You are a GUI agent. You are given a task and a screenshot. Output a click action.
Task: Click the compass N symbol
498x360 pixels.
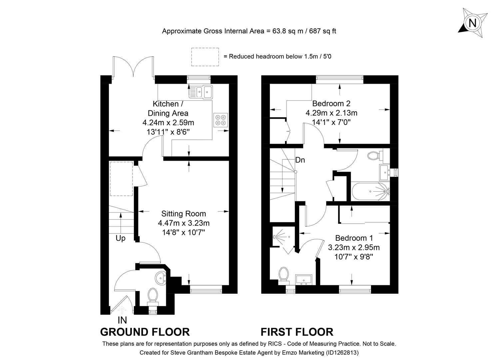point(472,23)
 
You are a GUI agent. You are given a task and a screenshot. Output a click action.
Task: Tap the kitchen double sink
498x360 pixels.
point(201,92)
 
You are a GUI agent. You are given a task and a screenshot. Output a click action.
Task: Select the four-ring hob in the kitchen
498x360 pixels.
point(221,120)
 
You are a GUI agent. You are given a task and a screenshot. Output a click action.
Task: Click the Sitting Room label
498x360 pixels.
point(184,214)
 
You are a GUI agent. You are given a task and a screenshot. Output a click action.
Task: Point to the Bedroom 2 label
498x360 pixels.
point(331,103)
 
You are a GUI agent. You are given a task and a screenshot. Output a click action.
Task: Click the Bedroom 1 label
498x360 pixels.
point(354,238)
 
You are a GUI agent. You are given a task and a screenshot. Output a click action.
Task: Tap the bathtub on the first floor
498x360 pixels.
point(369,191)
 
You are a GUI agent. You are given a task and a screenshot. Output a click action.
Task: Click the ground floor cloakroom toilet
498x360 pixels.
point(153,295)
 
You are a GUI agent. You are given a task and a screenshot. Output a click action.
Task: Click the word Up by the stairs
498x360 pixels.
point(121,238)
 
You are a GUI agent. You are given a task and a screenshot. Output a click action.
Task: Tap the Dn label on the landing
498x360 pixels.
point(300,160)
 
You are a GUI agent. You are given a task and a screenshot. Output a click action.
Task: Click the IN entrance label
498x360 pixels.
point(122,320)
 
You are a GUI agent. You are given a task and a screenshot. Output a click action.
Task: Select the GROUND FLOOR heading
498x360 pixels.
point(145,332)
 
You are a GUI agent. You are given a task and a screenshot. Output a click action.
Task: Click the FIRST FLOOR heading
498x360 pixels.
point(297,332)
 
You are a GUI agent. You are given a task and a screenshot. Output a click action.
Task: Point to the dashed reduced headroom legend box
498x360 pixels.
point(205,56)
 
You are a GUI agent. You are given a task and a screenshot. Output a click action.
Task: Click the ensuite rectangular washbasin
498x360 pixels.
point(303,279)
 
